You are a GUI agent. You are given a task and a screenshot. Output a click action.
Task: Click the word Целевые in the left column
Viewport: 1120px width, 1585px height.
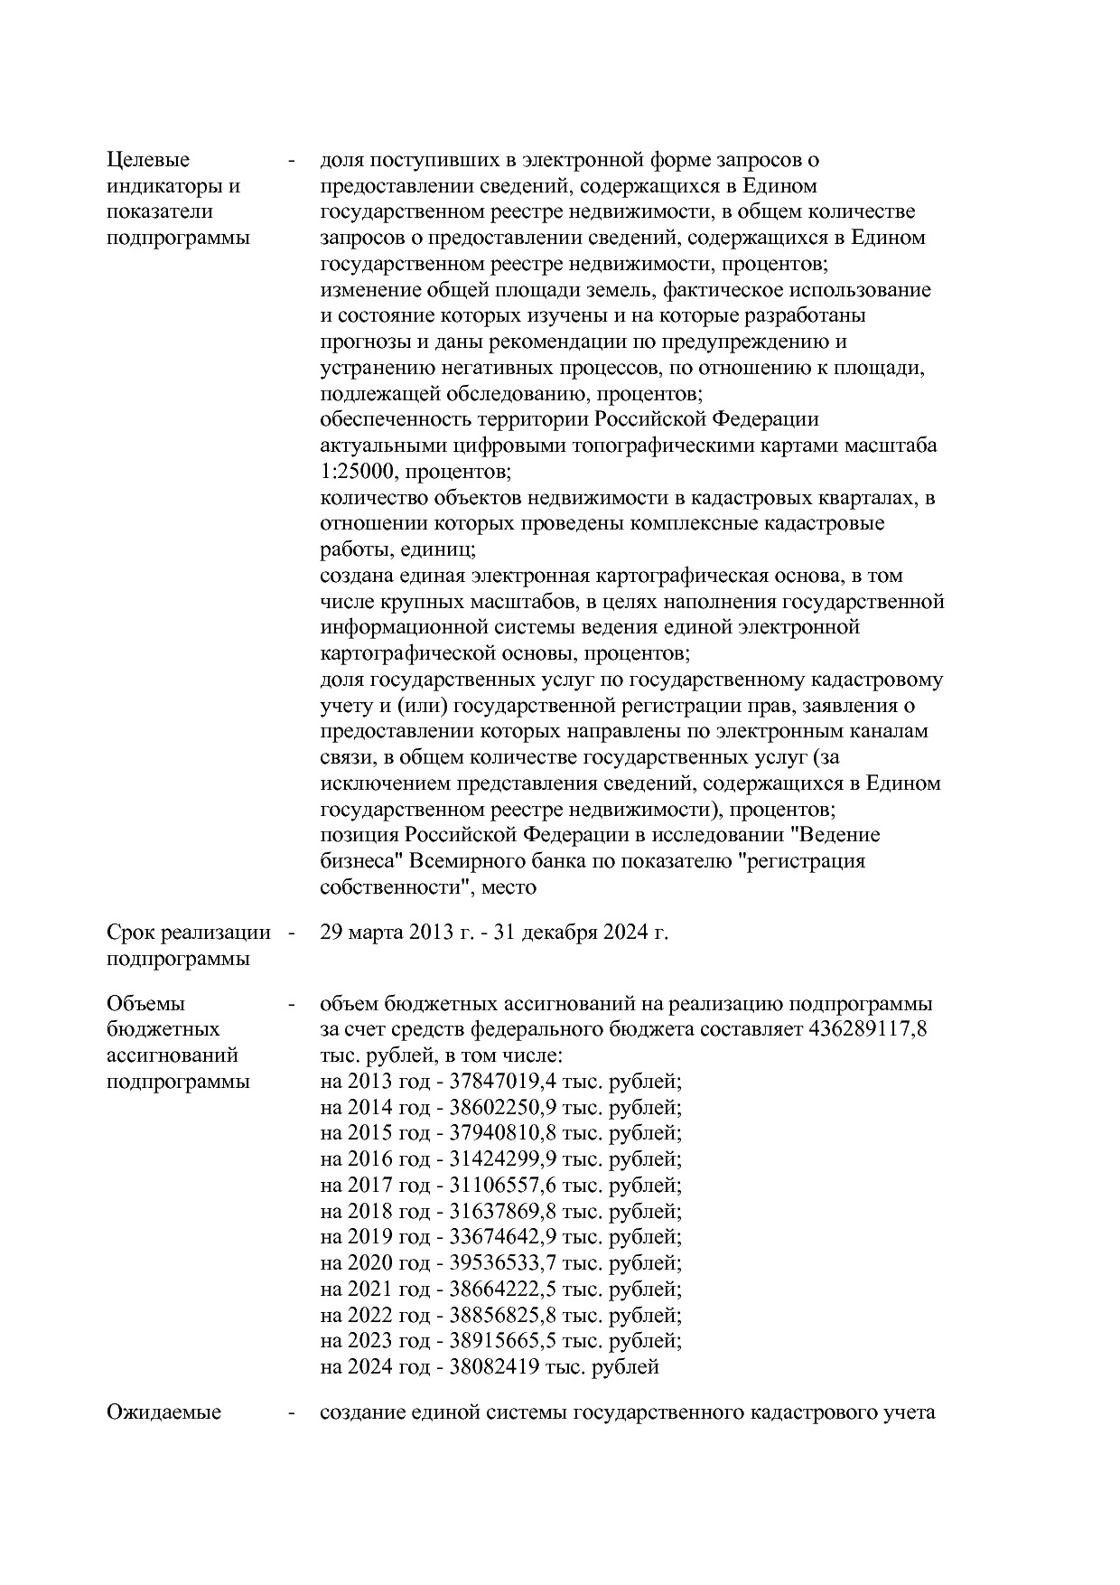click(x=148, y=161)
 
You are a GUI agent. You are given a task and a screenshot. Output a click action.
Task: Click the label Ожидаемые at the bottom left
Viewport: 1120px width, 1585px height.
click(x=163, y=1412)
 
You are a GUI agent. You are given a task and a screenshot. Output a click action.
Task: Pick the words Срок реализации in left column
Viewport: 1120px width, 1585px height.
click(x=188, y=933)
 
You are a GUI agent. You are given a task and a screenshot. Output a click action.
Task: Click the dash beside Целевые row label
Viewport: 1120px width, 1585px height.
click(x=291, y=161)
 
